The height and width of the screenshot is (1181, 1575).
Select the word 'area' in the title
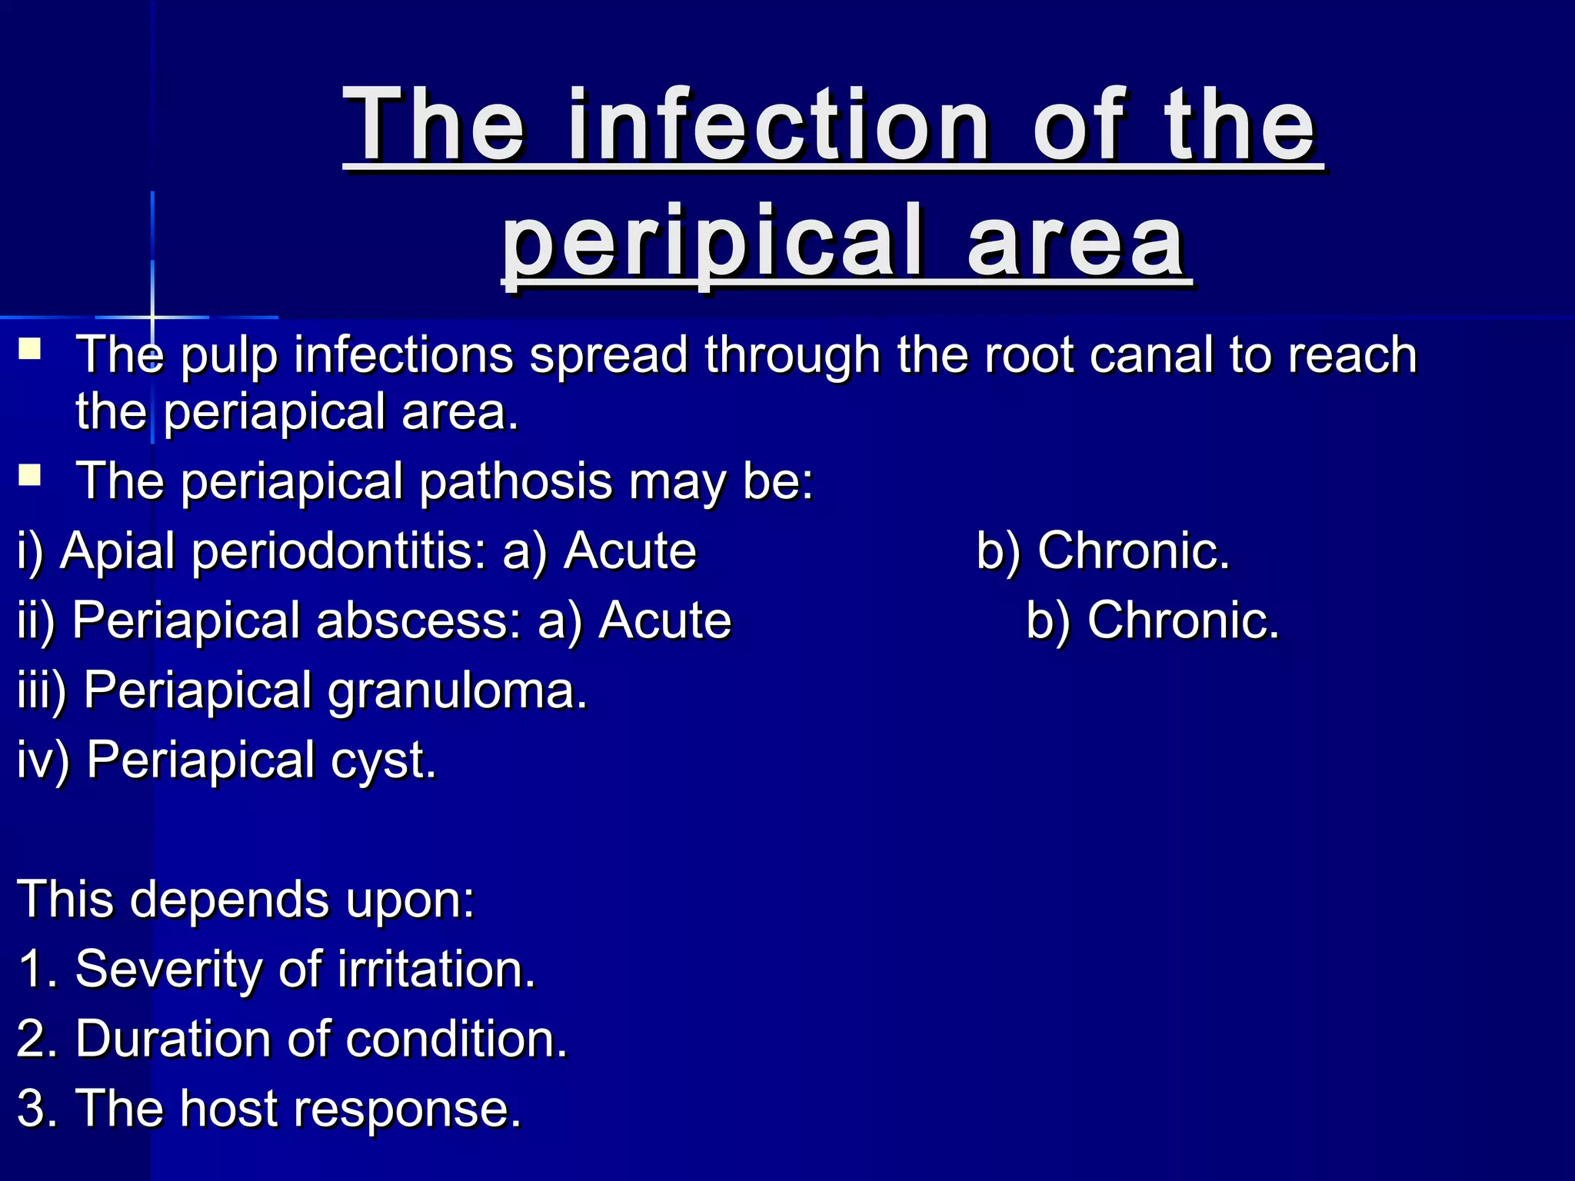coord(1077,242)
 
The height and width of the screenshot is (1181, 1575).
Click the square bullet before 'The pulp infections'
coord(30,350)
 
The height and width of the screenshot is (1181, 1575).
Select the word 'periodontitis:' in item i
coord(338,552)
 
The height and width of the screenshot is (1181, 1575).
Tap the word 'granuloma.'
coord(458,691)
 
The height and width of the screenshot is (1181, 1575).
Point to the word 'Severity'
coord(169,970)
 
